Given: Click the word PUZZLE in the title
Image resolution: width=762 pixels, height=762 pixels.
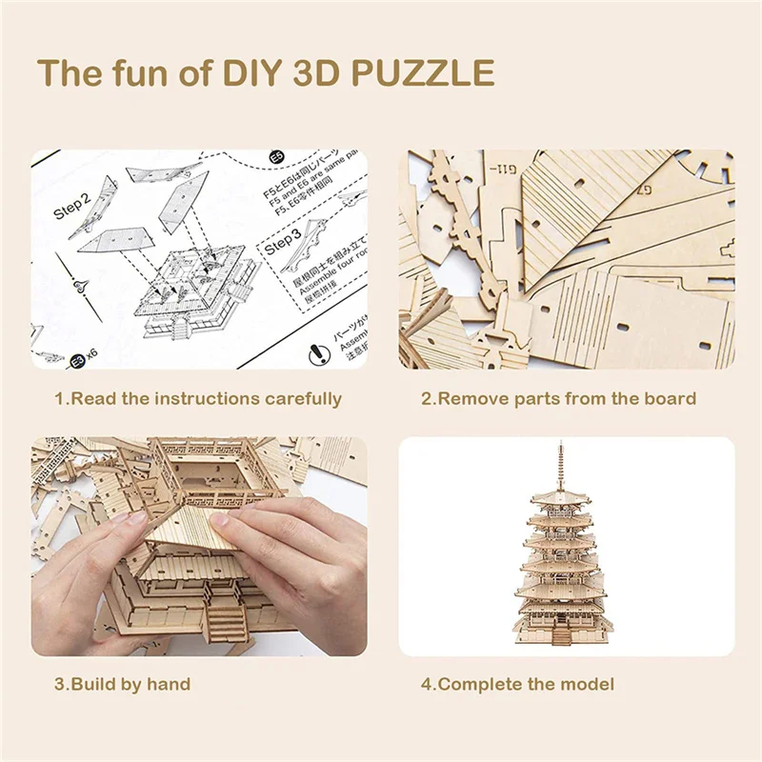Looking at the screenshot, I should click(x=415, y=73).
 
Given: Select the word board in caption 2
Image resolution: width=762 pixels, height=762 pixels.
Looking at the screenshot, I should click(x=671, y=398).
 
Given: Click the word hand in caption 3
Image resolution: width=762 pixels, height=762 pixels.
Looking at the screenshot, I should click(x=171, y=684).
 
